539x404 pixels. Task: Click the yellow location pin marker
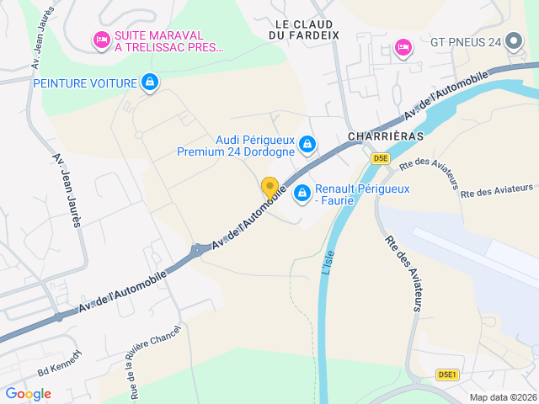[269, 188]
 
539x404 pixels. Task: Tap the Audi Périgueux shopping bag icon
[308, 145]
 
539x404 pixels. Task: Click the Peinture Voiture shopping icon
[150, 82]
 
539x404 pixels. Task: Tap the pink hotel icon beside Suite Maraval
[101, 40]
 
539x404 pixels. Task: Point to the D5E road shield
[381, 157]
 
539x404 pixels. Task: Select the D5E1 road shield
[447, 375]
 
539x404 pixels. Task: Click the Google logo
[28, 394]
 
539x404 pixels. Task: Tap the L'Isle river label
[328, 261]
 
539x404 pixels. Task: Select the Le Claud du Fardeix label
[303, 29]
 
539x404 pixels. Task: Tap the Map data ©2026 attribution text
[503, 398]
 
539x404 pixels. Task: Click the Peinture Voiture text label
[84, 82]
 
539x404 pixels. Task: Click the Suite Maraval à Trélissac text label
[169, 41]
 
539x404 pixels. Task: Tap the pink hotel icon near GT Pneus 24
[403, 45]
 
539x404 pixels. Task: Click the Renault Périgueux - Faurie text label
[362, 195]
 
